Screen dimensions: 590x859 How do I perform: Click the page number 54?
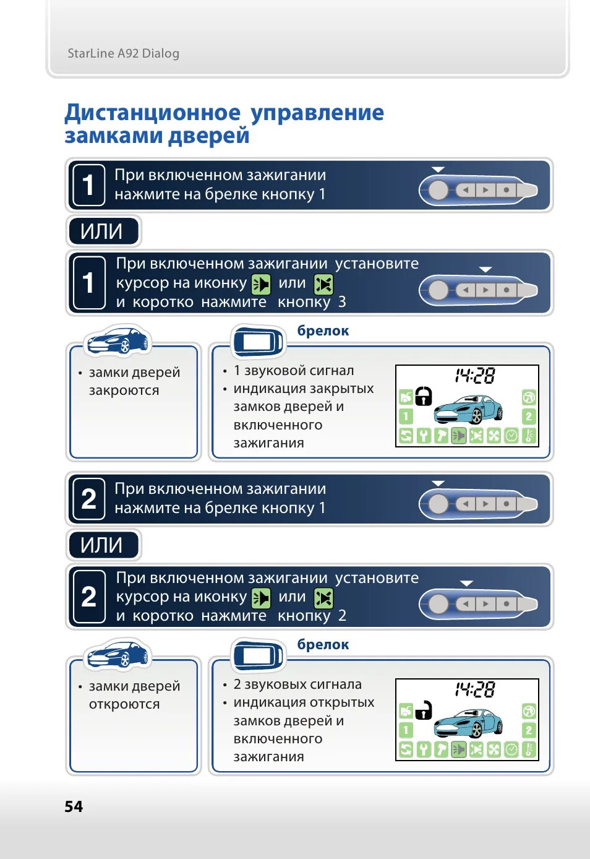tap(74, 806)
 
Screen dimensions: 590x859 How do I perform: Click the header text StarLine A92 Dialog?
tap(123, 53)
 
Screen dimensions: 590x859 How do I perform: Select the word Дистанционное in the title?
tap(152, 113)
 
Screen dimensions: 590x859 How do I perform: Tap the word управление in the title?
tap(317, 113)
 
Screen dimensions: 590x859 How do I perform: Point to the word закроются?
tap(124, 391)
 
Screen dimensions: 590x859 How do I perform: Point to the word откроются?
tap(124, 704)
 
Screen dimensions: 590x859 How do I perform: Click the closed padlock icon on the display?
tap(423, 395)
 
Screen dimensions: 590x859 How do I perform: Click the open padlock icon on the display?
tap(423, 709)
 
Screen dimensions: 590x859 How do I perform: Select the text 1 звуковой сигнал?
tap(294, 371)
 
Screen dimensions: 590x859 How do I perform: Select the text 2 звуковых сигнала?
tap(297, 684)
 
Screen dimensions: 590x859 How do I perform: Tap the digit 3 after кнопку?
tap(342, 302)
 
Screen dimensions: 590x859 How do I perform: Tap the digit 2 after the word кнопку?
tap(342, 616)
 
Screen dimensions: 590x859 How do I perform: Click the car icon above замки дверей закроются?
tap(118, 341)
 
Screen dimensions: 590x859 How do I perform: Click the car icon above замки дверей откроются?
tap(118, 655)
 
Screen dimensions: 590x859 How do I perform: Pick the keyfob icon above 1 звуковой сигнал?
tap(257, 341)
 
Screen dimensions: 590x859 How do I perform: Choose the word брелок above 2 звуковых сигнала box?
tap(323, 644)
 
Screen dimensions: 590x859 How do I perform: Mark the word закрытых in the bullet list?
tap(346, 389)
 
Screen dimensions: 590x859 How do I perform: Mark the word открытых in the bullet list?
tap(346, 702)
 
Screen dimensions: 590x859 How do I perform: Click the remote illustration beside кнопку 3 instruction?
tap(478, 290)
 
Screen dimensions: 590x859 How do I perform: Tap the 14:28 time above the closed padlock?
tap(475, 376)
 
